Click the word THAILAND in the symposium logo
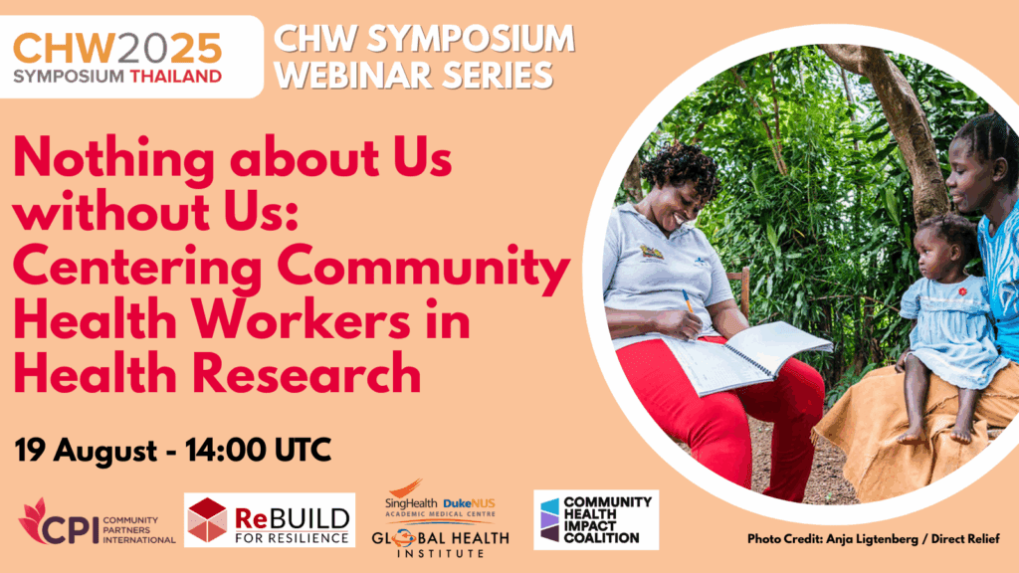click(x=175, y=77)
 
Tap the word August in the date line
click(x=105, y=452)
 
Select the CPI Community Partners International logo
click(x=97, y=523)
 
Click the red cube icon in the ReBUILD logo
click(x=207, y=519)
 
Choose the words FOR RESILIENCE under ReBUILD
click(x=292, y=538)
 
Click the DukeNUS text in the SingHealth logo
click(x=469, y=503)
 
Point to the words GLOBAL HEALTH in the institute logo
click(x=440, y=538)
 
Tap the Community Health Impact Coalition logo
click(x=596, y=519)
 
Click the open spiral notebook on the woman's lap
click(x=748, y=355)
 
